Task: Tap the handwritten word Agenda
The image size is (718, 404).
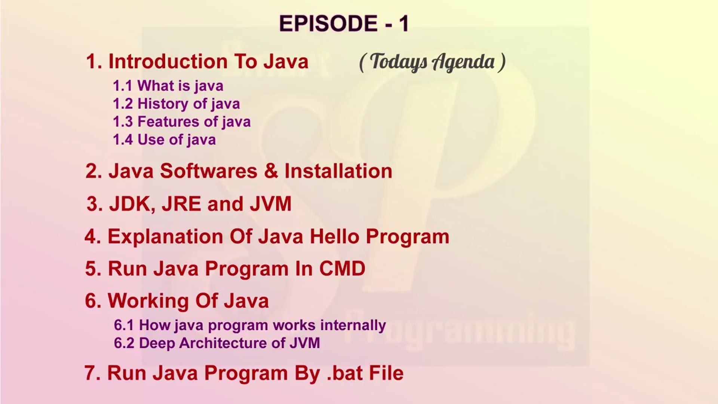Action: (463, 62)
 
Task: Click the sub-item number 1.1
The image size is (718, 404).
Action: (123, 86)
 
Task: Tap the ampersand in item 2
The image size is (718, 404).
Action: (271, 171)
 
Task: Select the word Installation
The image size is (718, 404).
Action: (338, 171)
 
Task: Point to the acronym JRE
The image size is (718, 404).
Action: (181, 204)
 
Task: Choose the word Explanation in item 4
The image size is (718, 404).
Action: (165, 236)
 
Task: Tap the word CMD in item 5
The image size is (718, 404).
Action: (342, 269)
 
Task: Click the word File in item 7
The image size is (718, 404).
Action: (386, 373)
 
